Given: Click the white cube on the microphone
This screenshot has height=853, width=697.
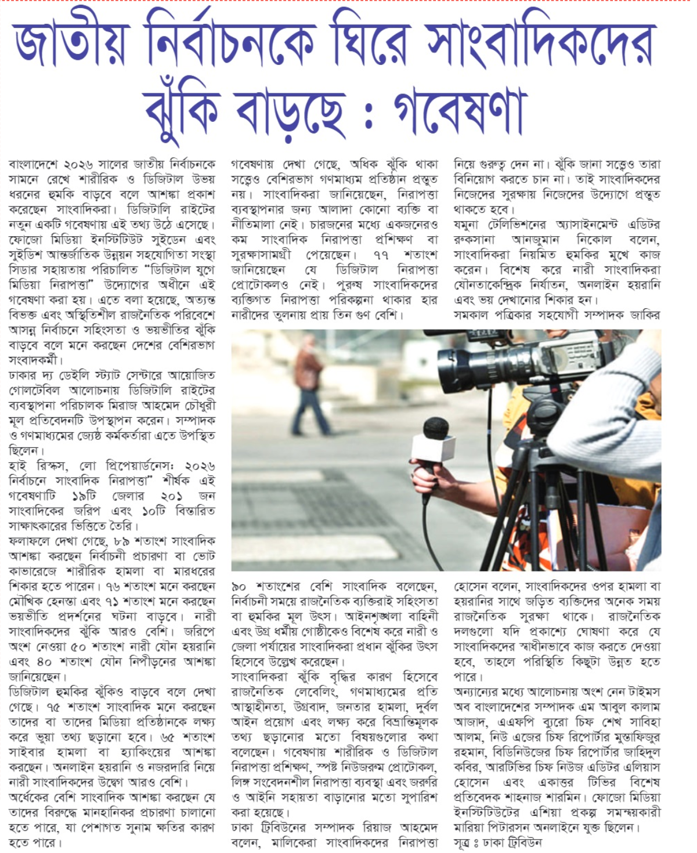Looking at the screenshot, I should [x=433, y=449].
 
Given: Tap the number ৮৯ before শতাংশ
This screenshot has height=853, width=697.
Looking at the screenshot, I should [x=121, y=541].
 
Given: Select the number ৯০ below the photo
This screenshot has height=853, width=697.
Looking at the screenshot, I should [x=239, y=587].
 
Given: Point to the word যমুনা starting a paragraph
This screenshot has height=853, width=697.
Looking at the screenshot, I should [x=467, y=225].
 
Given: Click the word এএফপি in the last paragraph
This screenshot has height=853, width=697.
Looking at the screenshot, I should [x=513, y=722].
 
